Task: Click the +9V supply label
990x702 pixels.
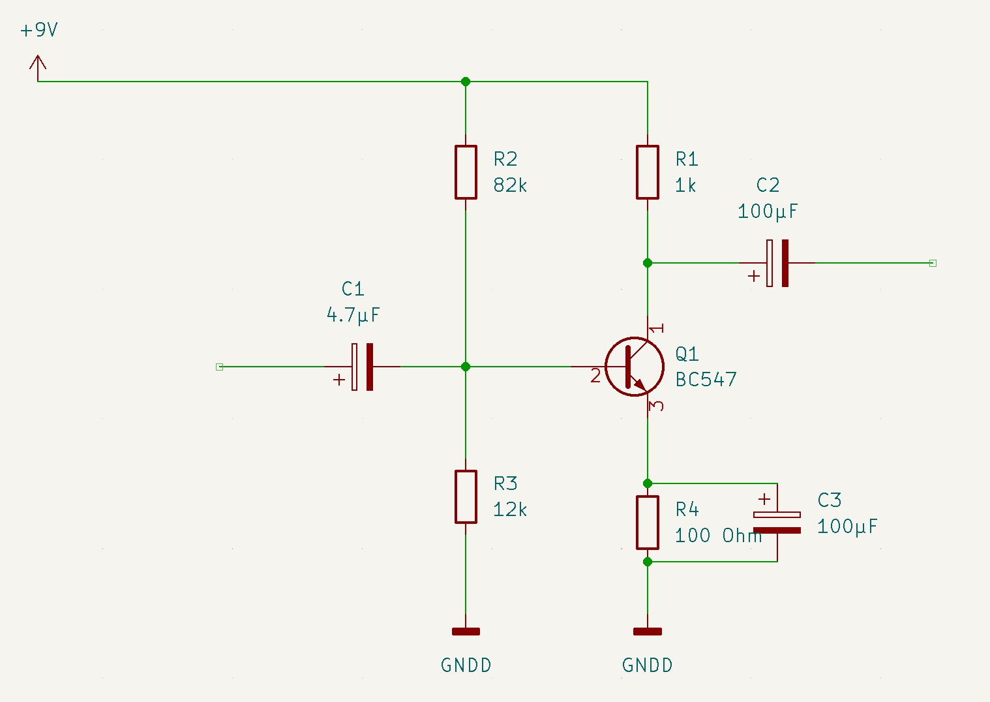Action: tap(39, 30)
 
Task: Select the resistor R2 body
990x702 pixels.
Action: tap(466, 172)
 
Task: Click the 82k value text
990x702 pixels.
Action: tap(510, 185)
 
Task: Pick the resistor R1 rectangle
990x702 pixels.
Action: tap(648, 172)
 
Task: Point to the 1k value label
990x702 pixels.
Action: tap(685, 185)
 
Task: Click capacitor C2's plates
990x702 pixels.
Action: tap(777, 263)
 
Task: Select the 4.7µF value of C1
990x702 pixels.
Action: tap(353, 315)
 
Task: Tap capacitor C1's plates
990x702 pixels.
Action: tap(363, 367)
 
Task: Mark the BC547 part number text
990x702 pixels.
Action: tap(706, 380)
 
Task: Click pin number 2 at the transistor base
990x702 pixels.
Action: tap(595, 376)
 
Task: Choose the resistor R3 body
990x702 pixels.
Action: tap(466, 496)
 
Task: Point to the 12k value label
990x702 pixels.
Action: tap(510, 510)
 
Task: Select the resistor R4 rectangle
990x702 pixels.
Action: tap(648, 523)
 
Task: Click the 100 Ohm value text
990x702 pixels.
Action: tap(719, 536)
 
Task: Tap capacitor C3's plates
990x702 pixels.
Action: tap(777, 523)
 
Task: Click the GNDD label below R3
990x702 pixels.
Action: tap(466, 665)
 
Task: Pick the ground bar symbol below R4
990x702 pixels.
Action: tap(648, 632)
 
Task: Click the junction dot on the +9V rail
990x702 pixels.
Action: tap(466, 82)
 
